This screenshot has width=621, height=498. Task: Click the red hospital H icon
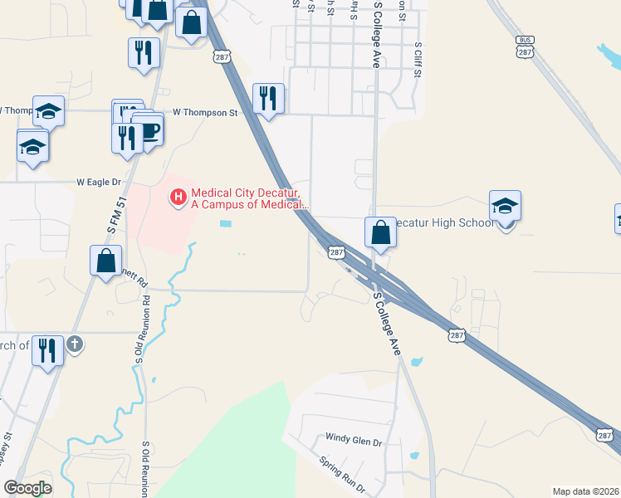[177, 197]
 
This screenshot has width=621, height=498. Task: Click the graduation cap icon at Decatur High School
[506, 207]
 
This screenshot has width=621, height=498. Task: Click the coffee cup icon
[149, 131]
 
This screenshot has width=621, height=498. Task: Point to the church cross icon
[75, 344]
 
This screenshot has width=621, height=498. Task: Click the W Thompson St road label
[205, 112]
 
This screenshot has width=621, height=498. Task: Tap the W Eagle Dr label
[99, 181]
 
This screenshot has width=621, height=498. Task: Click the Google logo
[28, 488]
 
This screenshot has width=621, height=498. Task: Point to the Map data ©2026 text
[586, 491]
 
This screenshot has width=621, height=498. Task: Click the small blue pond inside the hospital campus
[226, 223]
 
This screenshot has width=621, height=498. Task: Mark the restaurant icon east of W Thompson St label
[268, 98]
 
